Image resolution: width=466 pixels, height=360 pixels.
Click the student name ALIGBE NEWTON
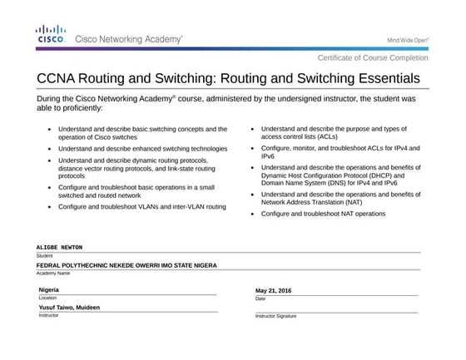[60, 248]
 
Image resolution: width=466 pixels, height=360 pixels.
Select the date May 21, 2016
[274, 290]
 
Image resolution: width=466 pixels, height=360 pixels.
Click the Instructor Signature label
[275, 316]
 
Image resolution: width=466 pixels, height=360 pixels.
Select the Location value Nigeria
[49, 288]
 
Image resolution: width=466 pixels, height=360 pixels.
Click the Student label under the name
[44, 255]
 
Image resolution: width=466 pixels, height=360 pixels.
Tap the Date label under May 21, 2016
[260, 298]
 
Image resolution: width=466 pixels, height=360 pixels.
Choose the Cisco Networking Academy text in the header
[130, 38]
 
